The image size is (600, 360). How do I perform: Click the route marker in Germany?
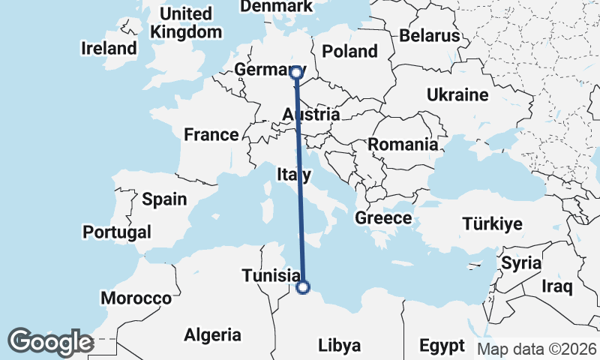296,73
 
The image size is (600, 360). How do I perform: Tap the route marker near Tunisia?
303,286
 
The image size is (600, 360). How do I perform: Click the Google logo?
50,342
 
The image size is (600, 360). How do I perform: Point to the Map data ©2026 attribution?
536,349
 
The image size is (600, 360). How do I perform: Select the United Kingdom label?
186,23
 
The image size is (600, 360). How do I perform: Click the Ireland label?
109,49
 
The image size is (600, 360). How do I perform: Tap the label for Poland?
349,51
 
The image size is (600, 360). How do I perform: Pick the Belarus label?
429,35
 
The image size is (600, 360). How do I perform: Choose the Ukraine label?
457,95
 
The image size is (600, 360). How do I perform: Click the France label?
211,135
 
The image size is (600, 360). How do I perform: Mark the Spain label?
164,199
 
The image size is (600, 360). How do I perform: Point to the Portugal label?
117,232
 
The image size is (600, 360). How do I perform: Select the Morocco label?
136,298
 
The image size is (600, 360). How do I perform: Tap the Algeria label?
212,334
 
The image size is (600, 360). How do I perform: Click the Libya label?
340,346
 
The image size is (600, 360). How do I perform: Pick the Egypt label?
442,346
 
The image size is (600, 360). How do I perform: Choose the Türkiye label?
492,223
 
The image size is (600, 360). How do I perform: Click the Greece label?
383,218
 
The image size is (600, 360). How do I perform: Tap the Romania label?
402,144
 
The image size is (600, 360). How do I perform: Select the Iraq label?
558,286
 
